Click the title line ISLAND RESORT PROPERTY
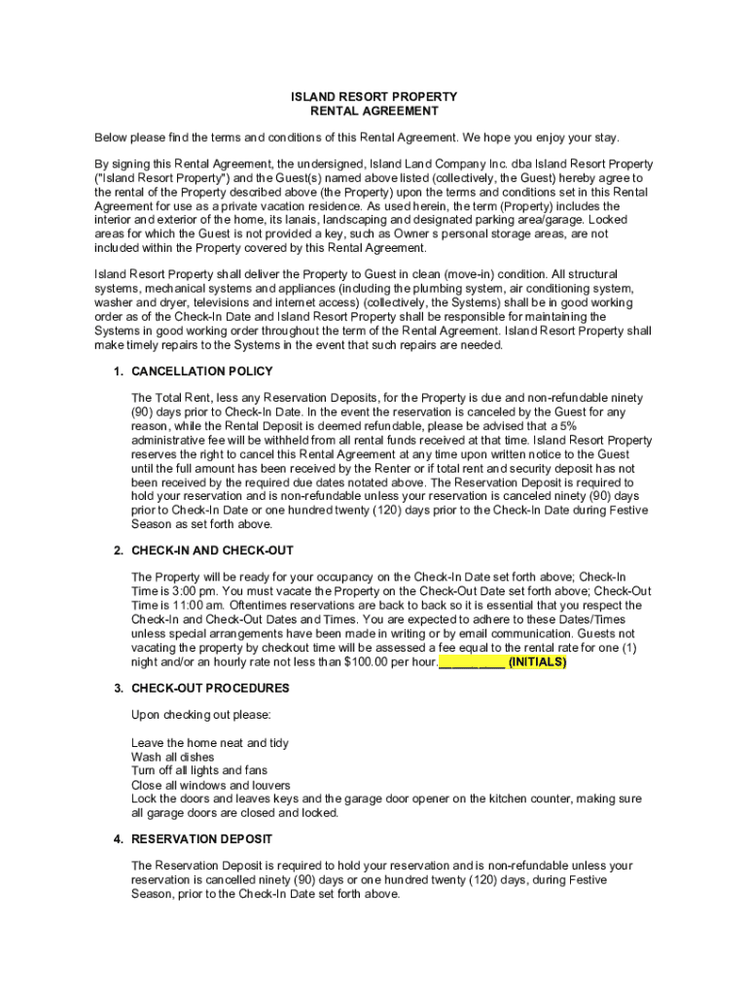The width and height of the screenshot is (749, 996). (x=374, y=97)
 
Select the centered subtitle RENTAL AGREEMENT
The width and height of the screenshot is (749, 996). (x=374, y=112)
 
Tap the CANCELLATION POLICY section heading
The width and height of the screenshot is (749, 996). (x=201, y=372)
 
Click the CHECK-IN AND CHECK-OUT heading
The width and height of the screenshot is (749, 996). (x=212, y=551)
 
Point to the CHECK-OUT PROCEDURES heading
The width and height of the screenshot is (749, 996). (x=210, y=689)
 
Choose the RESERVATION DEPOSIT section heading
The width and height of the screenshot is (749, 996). (x=201, y=838)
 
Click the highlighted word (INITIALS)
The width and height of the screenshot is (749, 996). (x=536, y=662)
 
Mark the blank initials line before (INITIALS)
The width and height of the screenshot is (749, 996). (x=472, y=662)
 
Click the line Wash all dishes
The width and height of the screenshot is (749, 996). (x=173, y=757)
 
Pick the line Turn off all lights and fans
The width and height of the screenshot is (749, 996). (x=198, y=770)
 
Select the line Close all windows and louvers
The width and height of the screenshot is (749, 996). (x=210, y=785)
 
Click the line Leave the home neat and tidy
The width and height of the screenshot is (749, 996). (x=209, y=743)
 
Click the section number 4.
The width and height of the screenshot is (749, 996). (x=118, y=838)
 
